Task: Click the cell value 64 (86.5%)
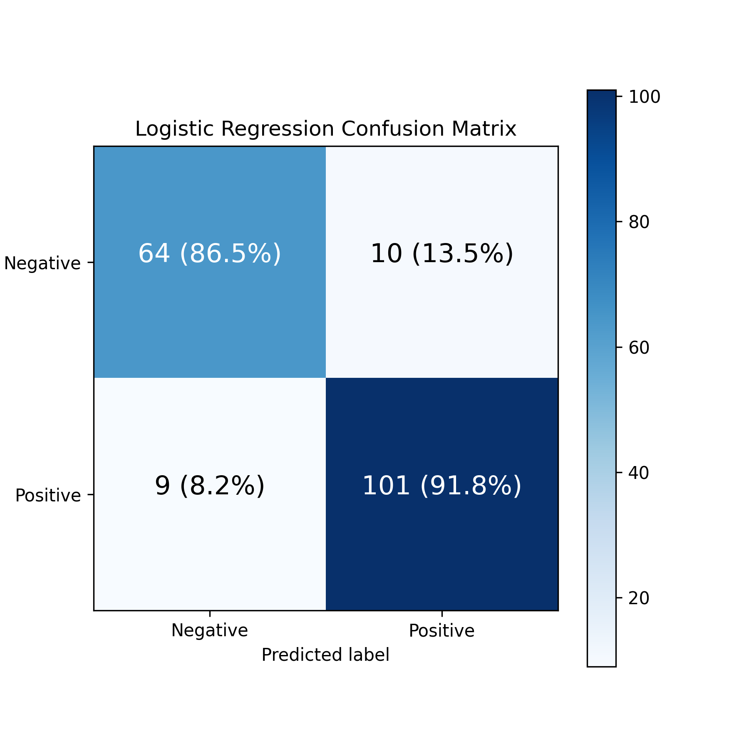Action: [x=210, y=253]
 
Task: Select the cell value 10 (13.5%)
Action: [x=442, y=253]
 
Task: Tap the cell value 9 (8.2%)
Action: [x=210, y=486]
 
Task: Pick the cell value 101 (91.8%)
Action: [x=442, y=486]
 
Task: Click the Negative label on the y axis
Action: [x=42, y=263]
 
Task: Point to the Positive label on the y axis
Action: [x=48, y=496]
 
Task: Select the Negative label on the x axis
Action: [x=210, y=630]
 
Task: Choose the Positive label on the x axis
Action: [x=442, y=631]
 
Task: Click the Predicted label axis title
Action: [x=325, y=655]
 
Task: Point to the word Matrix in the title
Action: [x=484, y=129]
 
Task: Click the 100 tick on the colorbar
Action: [x=645, y=97]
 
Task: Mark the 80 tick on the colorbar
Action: [x=639, y=223]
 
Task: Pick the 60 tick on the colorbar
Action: [x=639, y=348]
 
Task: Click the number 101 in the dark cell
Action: [x=387, y=486]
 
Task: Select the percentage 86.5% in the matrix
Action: [x=231, y=253]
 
